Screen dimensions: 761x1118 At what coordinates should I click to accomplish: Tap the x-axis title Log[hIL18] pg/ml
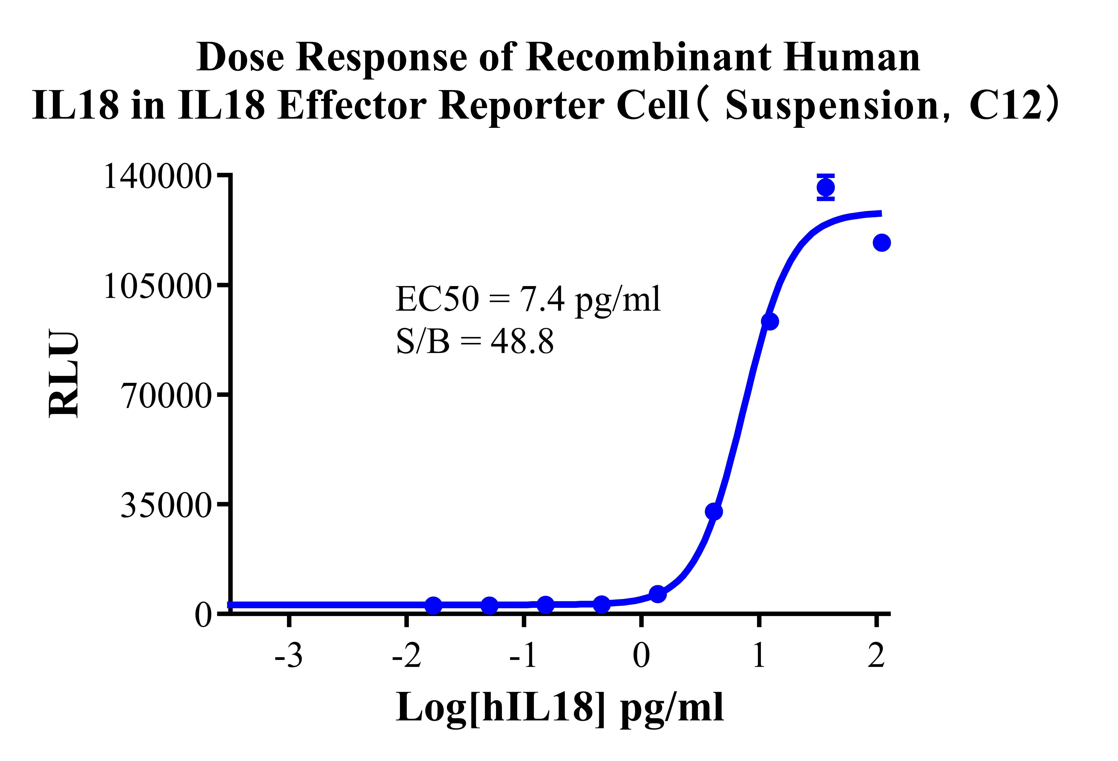coord(560,708)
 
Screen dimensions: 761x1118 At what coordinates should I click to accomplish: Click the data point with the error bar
coord(825,187)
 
